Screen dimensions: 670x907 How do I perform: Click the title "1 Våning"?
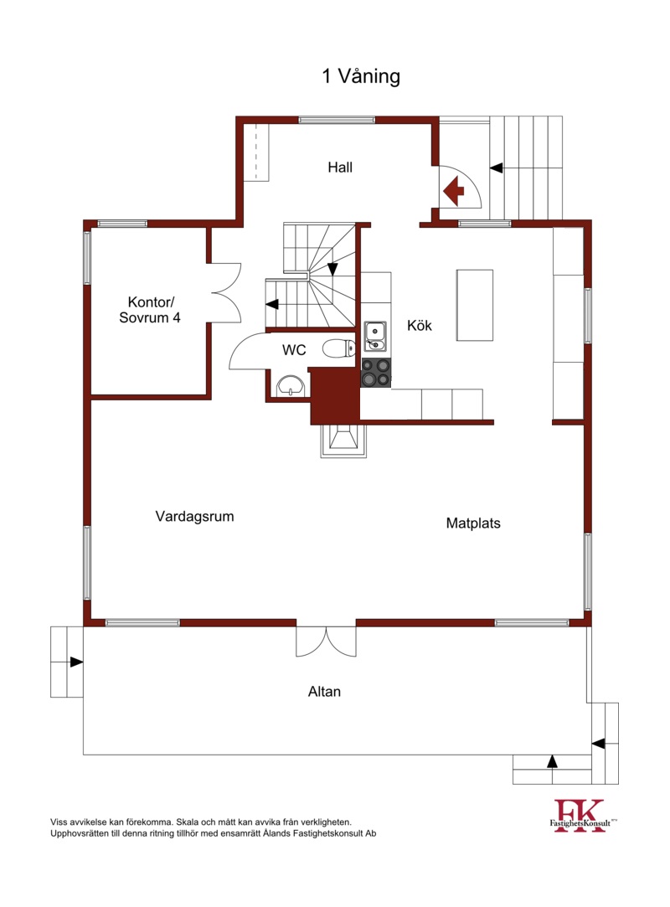click(361, 76)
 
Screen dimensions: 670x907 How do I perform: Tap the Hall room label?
click(340, 167)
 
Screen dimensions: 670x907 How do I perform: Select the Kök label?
click(420, 325)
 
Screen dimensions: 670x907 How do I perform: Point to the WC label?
click(294, 350)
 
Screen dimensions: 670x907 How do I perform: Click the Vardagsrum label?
click(194, 517)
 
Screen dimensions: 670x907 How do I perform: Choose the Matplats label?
click(473, 523)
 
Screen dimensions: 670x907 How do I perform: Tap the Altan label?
click(324, 691)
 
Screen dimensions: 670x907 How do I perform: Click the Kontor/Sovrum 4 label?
click(150, 310)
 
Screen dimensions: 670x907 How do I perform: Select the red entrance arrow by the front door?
click(453, 190)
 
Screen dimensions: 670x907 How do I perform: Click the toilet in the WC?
click(339, 348)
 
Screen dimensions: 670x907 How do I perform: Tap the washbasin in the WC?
click(291, 385)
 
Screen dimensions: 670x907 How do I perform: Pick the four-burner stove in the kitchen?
click(376, 373)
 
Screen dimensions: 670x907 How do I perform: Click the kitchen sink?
click(375, 337)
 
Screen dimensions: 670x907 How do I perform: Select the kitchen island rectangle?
click(474, 306)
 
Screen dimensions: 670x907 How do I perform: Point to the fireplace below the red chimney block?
click(343, 441)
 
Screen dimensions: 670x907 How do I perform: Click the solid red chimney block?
click(334, 394)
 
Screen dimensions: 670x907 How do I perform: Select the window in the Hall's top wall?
click(337, 121)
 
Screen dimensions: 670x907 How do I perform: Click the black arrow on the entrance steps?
click(497, 167)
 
